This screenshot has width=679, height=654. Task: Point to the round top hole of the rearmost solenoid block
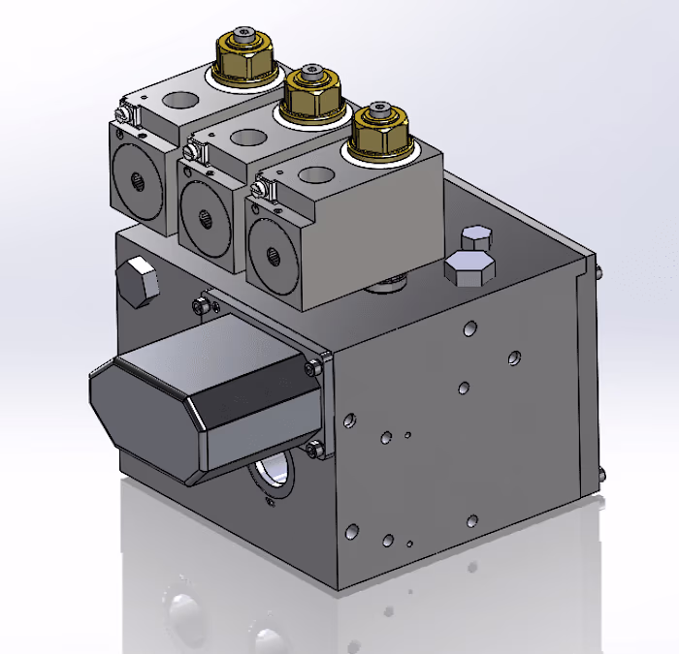point(179,99)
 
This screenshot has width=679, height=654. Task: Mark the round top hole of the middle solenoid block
point(247,136)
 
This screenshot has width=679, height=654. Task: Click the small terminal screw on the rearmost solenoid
point(120,117)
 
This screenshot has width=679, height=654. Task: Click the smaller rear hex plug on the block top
point(475,238)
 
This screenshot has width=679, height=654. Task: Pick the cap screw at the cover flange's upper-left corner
point(202,306)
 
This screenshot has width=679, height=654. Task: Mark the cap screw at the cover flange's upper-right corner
point(314,367)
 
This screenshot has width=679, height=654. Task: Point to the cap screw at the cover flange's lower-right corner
point(313,449)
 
